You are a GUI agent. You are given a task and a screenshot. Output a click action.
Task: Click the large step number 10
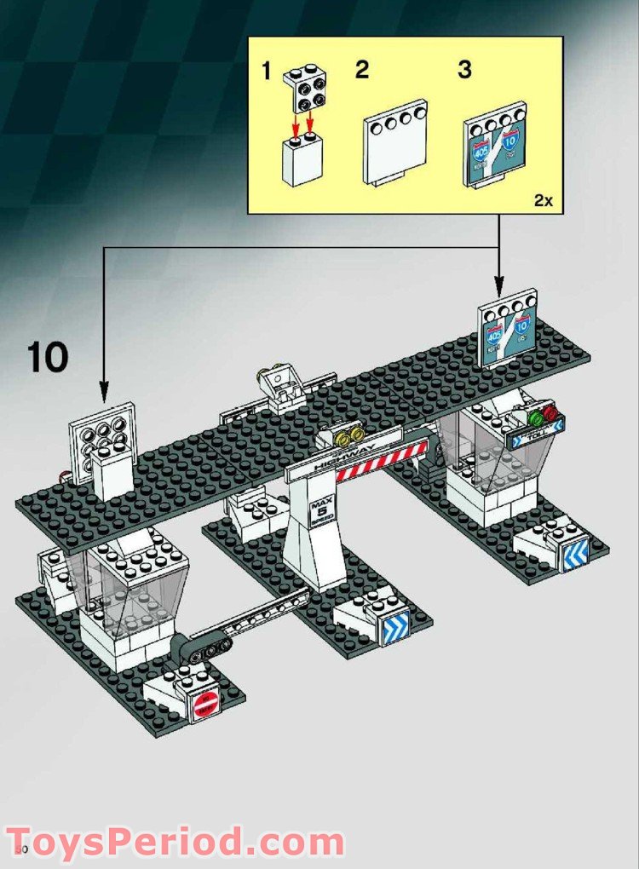click(x=48, y=357)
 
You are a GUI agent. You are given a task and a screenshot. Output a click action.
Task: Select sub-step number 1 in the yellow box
click(x=267, y=72)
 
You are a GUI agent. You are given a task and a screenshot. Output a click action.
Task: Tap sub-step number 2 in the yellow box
click(x=362, y=70)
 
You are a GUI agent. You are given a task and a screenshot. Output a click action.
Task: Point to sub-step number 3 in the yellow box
click(x=464, y=70)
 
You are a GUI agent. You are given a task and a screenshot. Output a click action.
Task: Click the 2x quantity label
click(x=543, y=201)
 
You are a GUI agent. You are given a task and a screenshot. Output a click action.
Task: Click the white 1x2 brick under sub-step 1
click(x=302, y=161)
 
